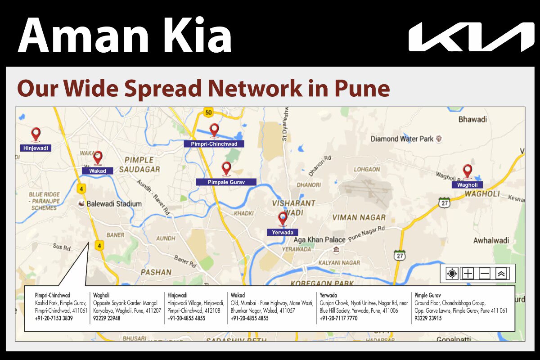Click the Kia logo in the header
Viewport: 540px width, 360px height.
471,37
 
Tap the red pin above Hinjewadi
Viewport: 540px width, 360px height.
36,134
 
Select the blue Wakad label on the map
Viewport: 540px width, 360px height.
98,171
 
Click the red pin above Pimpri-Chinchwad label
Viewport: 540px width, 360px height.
214,130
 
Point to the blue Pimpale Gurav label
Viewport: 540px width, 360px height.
226,182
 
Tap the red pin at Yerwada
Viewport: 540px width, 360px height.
283,219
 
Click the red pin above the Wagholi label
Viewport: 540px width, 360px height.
468,171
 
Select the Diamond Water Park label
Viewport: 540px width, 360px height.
402,139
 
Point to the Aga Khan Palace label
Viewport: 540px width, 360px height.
319,240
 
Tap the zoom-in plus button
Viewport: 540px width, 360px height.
468,273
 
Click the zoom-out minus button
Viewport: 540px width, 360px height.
485,273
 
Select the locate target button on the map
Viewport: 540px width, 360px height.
452,273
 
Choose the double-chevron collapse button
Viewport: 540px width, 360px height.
501,273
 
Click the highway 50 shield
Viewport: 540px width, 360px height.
207,112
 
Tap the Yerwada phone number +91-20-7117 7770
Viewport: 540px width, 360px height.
338,318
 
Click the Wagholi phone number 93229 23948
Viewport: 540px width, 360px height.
107,318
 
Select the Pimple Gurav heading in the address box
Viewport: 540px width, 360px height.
427,295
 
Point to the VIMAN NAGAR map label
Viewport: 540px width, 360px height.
359,218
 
